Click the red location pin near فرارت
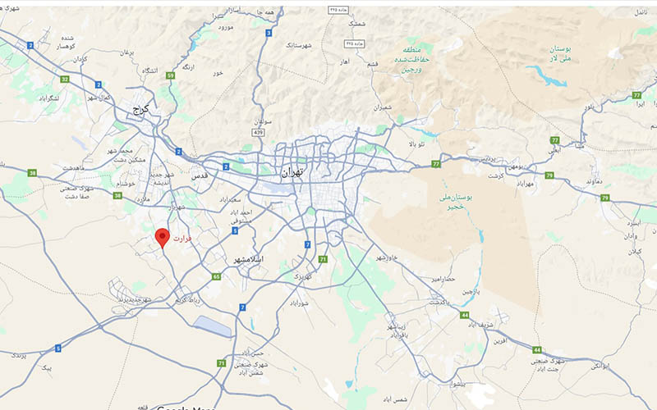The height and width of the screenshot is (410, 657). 163,238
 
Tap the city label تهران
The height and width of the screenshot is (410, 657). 292,173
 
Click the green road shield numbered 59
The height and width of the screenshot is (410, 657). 170,75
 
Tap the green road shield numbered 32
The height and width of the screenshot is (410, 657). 64,79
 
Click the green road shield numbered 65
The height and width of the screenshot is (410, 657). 217,277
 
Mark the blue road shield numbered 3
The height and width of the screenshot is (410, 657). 268,33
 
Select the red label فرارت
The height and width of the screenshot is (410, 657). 182,239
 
